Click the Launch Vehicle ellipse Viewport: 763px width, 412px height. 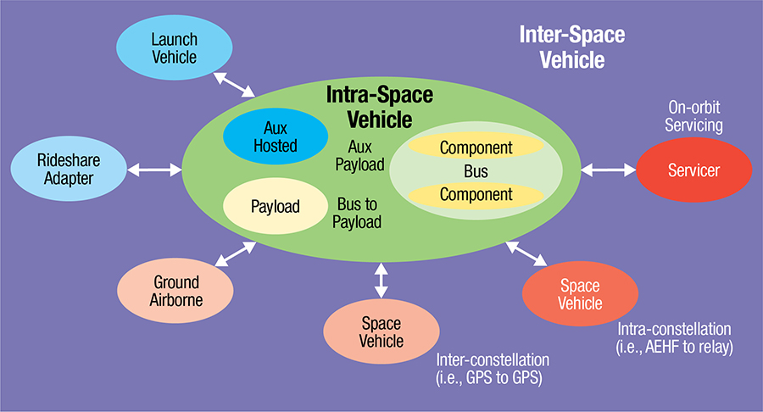point(174,48)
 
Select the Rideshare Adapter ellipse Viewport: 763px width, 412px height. point(65,169)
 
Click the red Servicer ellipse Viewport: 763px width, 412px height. point(693,170)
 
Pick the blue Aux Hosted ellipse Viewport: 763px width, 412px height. point(275,136)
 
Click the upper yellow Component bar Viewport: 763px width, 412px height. point(476,148)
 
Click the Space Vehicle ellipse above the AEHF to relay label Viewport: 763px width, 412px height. point(580,293)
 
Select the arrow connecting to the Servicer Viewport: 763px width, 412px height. point(609,170)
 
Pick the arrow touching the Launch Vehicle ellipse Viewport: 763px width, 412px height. point(235,85)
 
